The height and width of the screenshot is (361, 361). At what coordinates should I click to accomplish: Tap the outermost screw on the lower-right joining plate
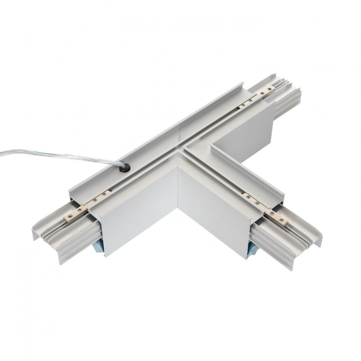(281, 220)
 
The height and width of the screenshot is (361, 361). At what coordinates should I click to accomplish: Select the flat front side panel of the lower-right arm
(212, 212)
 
